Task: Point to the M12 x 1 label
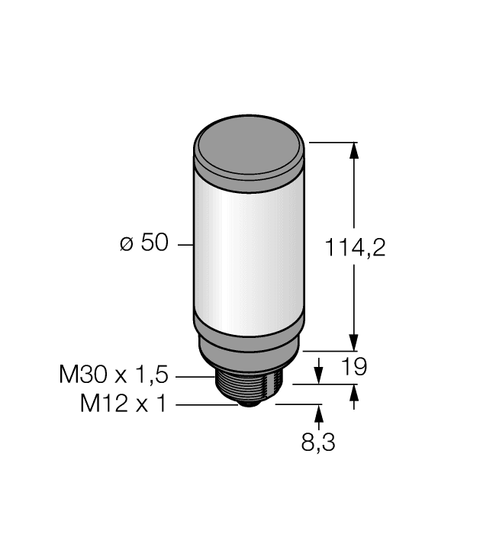(x=123, y=404)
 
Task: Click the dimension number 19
(x=353, y=367)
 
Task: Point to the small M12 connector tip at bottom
(x=249, y=403)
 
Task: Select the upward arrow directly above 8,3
(x=318, y=413)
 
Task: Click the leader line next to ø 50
(x=185, y=245)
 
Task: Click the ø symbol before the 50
(x=127, y=245)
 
